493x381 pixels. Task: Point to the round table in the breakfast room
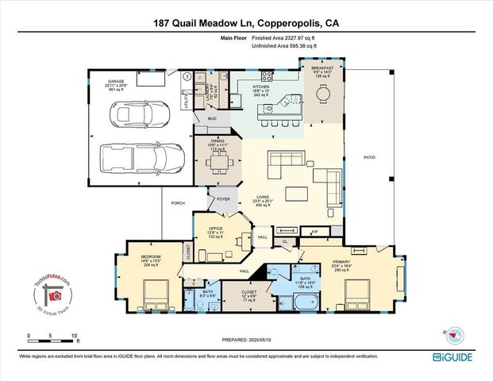pos(322,94)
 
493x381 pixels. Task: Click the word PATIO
pos(369,157)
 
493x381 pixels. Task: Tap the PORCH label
pos(179,203)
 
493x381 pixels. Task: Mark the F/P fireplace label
pos(314,232)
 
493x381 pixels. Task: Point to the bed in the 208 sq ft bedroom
pos(150,298)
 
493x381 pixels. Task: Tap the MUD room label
pos(212,118)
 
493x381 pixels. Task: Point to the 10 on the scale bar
pos(74,336)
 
